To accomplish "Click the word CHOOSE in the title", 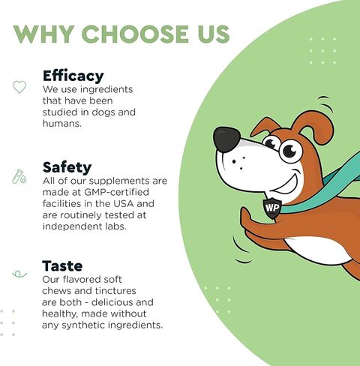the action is click(136, 34).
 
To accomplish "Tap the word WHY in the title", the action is click(44, 34).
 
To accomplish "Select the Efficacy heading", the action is click(73, 76).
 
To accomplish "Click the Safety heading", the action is click(67, 167).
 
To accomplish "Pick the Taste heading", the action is click(62, 265).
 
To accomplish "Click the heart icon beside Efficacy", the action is click(19, 87).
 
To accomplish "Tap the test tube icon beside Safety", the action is click(19, 176).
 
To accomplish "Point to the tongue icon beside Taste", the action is click(19, 274).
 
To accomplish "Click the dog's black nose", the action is click(226, 139).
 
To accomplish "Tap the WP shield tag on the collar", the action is click(272, 208).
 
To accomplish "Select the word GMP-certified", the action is click(116, 192).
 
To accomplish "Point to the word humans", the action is click(62, 123).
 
